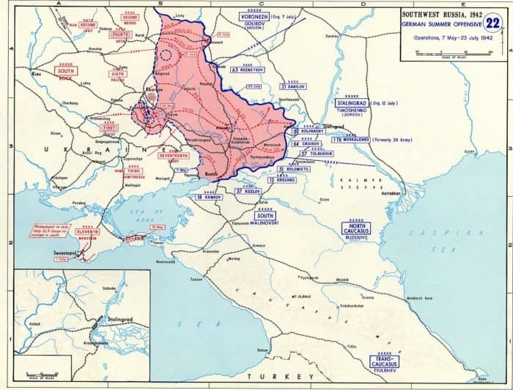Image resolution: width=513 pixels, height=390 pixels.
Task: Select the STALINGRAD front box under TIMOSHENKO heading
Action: (350, 105)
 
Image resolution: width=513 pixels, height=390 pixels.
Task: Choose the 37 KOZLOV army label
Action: (248, 190)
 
